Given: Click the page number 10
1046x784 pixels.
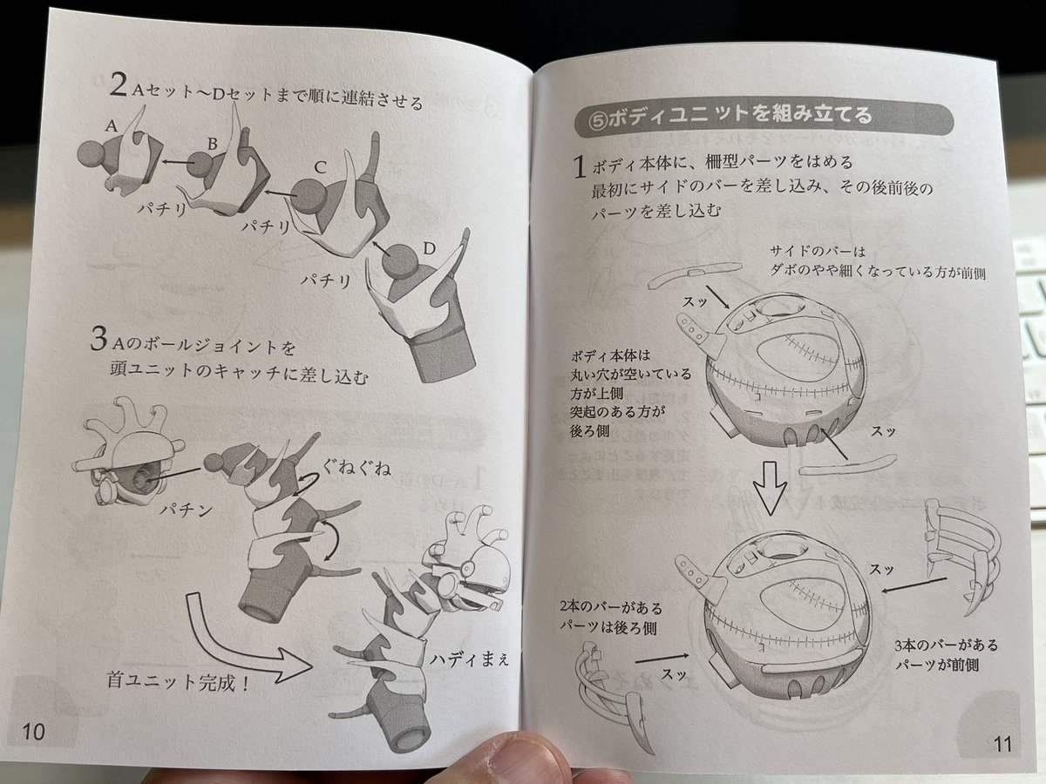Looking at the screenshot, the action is click(x=33, y=731).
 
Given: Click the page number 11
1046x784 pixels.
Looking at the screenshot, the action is click(x=1002, y=744).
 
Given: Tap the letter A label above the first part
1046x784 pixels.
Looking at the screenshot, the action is click(x=112, y=125).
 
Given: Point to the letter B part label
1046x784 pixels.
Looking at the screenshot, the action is click(x=213, y=143).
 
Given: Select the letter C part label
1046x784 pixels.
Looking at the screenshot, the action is click(x=320, y=167).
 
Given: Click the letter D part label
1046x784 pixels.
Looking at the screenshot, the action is click(x=430, y=248).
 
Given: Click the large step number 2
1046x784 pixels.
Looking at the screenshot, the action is click(x=118, y=84).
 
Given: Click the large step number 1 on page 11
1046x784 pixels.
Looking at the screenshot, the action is click(x=580, y=166).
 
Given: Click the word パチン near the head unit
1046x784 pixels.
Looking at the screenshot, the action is click(x=186, y=510).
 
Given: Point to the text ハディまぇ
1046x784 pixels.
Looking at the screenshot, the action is click(x=469, y=659).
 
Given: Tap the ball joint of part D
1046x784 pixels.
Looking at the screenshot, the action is click(x=400, y=261).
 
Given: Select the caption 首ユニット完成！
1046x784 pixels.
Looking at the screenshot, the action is click(x=178, y=682).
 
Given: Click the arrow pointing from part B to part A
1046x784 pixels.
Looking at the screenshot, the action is click(x=178, y=163).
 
